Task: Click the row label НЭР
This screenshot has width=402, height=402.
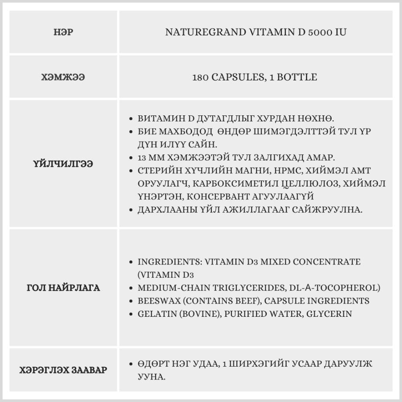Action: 63,32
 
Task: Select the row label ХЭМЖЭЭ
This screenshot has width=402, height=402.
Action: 63,77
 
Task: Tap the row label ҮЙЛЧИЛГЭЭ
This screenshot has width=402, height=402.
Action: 63,164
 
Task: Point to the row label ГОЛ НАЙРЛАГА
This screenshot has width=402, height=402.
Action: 63,288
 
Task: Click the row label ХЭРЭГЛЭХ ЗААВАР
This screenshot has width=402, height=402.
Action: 63,370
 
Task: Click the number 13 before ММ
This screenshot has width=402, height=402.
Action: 143,157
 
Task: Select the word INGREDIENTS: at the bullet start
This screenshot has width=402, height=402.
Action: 169,262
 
